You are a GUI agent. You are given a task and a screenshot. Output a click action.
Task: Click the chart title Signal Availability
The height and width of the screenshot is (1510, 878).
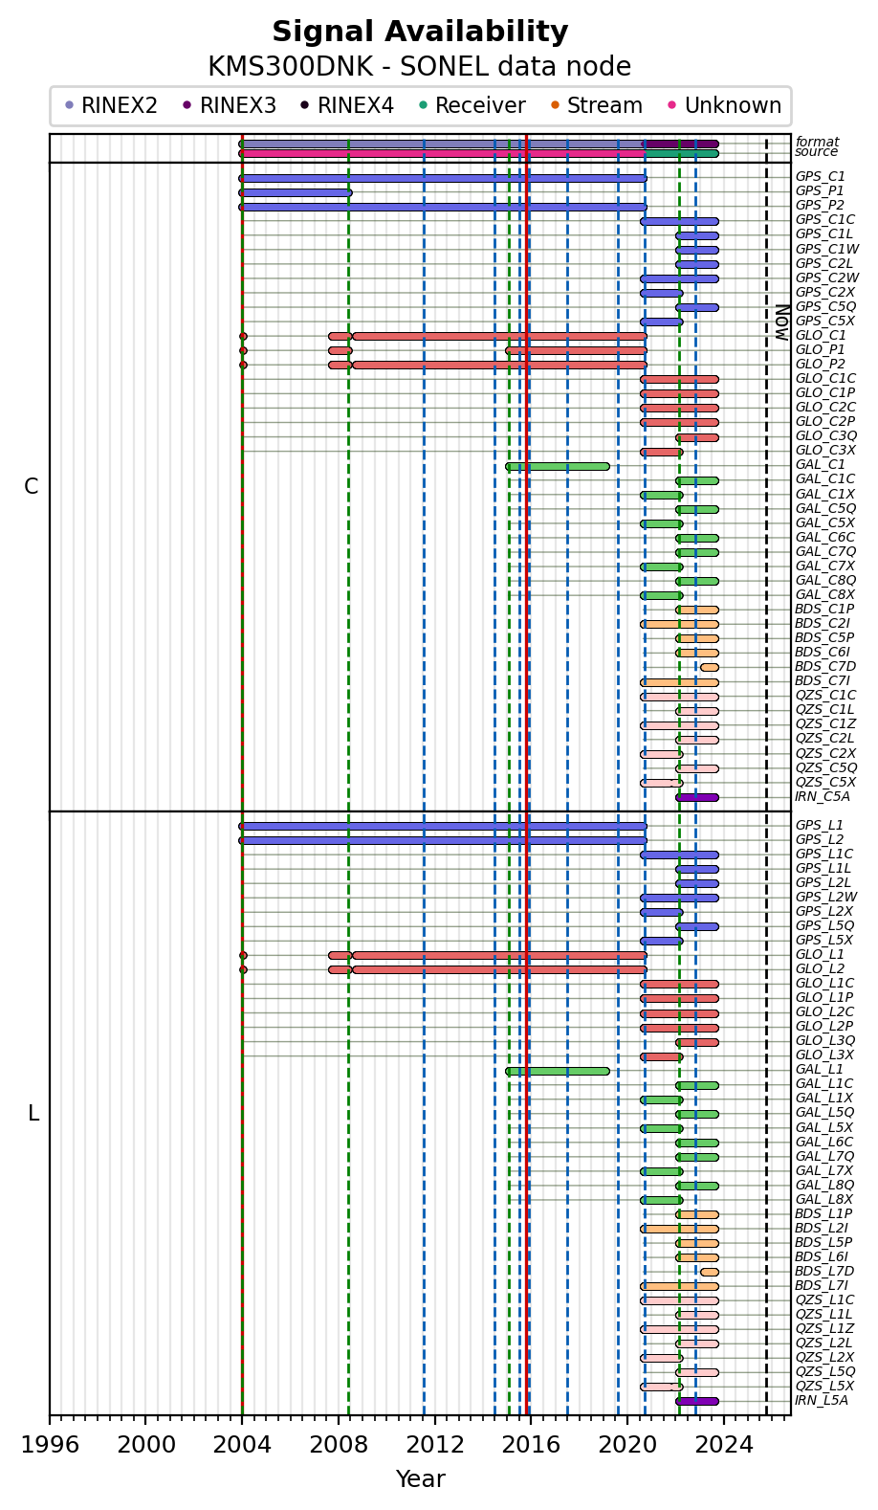click(420, 33)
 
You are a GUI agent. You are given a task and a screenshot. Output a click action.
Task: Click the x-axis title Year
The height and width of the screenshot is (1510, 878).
click(420, 1479)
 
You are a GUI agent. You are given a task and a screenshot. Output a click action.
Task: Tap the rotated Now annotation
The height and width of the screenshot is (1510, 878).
click(781, 322)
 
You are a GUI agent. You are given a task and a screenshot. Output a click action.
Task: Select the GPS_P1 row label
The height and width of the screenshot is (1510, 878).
click(820, 191)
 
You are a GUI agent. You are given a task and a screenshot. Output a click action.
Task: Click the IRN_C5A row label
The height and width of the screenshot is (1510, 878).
click(822, 797)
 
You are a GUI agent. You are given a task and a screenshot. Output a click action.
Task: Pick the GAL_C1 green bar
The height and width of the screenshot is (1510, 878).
click(558, 466)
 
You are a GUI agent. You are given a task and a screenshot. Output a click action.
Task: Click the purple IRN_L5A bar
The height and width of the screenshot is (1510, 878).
click(697, 1401)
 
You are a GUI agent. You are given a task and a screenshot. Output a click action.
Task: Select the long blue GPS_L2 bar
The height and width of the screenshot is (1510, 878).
click(443, 840)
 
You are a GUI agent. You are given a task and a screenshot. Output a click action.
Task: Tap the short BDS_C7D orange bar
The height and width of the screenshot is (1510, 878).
click(710, 667)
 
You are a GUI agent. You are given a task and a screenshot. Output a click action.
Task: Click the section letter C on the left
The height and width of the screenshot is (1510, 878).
click(32, 487)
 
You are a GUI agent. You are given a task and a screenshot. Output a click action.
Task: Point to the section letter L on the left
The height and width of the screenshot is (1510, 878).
click(33, 1114)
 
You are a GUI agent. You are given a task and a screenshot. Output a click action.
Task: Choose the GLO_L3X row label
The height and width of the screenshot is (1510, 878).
click(824, 1055)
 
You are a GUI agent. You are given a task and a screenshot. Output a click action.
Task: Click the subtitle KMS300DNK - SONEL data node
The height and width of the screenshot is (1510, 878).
click(420, 67)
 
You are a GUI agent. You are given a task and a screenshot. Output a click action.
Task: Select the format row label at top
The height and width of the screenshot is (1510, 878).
click(817, 142)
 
